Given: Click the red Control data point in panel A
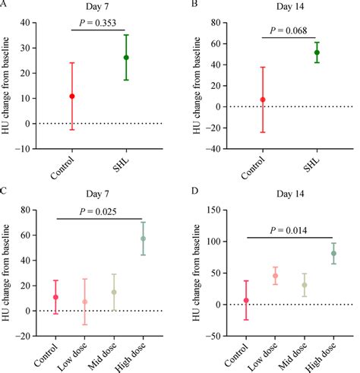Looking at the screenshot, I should point(72,96).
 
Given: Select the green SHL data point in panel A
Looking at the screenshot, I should point(126,58).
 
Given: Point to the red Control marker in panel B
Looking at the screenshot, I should point(263,100).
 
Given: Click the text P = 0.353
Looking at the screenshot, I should point(99,24).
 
